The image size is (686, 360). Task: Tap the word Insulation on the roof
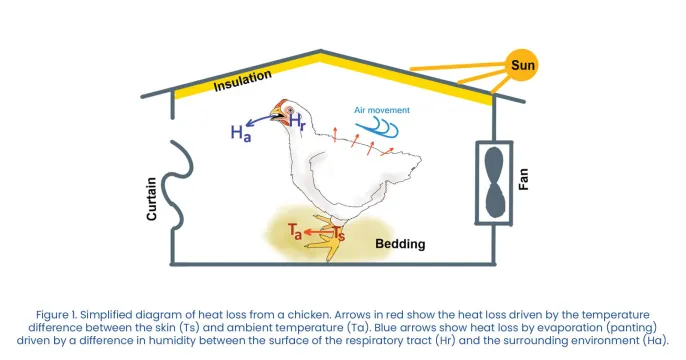244,83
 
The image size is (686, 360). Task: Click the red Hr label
298,122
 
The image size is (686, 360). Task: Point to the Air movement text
381,110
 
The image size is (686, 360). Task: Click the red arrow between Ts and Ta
317,233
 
